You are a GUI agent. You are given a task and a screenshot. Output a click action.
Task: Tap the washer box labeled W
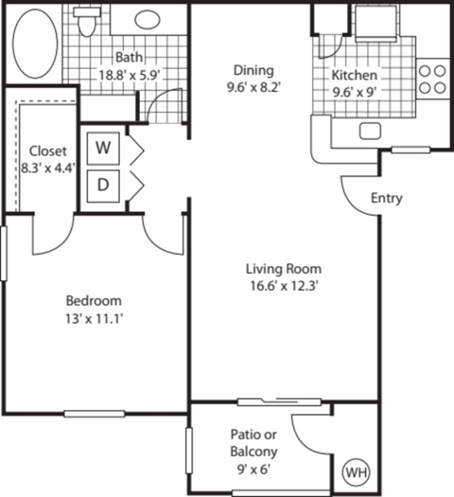pyautogui.click(x=102, y=149)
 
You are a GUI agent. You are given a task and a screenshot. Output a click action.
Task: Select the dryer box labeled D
pyautogui.click(x=102, y=186)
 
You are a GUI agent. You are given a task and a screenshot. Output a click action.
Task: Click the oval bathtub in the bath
pyautogui.click(x=35, y=45)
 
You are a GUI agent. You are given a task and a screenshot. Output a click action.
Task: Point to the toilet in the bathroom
pyautogui.click(x=88, y=23)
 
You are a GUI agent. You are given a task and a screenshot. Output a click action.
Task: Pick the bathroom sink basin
pyautogui.click(x=147, y=20)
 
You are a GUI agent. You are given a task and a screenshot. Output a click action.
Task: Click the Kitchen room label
pyautogui.click(x=355, y=76)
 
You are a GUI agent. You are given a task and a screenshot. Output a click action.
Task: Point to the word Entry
pyautogui.click(x=387, y=199)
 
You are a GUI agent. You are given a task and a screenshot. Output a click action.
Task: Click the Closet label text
pyautogui.click(x=47, y=151)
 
